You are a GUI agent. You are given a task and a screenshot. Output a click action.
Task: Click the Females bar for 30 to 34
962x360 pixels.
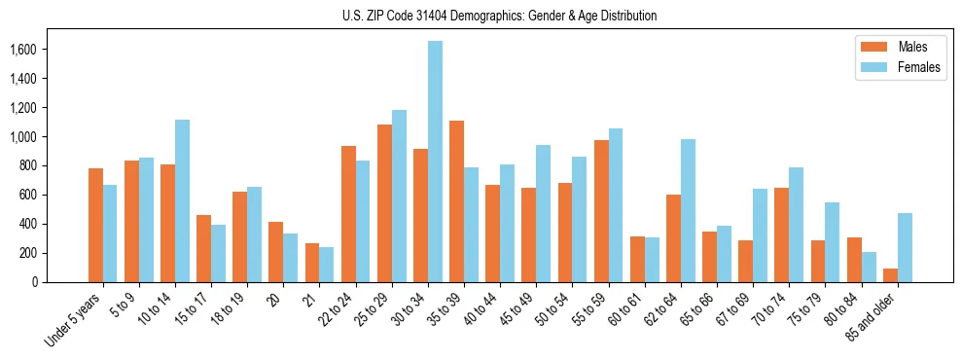coord(435,162)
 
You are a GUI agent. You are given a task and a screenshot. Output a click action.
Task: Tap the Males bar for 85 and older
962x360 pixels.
coord(890,275)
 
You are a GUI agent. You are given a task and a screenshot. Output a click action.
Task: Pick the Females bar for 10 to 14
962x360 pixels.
coord(182,200)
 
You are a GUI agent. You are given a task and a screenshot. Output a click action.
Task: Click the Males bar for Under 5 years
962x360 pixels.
coord(95,225)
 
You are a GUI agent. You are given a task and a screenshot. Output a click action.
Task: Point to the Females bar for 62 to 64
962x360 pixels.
coord(688,210)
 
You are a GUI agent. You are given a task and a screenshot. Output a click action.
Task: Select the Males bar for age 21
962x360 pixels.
coord(312,263)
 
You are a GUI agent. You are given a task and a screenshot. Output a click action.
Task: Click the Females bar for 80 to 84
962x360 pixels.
coord(869,267)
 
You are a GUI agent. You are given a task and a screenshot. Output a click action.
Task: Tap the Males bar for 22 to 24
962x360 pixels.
coord(348,214)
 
